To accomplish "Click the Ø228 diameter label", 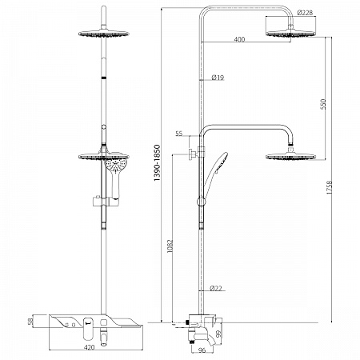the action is pos(305,13).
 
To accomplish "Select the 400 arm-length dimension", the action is pos(239,39).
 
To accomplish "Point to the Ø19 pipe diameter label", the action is pos(218,78).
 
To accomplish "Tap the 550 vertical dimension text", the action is pos(323,104).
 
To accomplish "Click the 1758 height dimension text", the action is pos(330,187).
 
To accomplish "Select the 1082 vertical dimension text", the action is pos(170,246).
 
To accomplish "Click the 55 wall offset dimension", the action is pos(179,134).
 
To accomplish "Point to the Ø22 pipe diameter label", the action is pos(216,288).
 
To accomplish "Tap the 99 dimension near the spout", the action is pos(218,334).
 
